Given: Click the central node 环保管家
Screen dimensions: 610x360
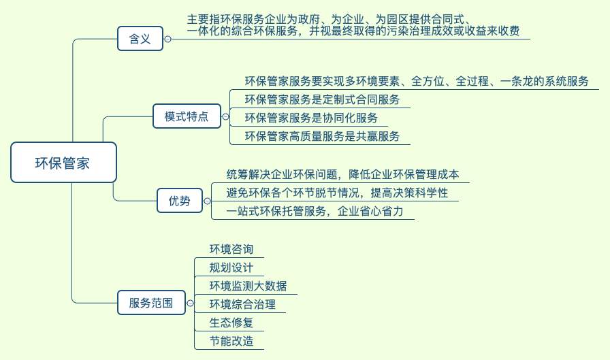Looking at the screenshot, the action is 63,162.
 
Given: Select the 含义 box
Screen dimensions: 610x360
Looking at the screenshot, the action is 140,39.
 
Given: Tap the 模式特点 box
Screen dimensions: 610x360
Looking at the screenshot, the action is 187,116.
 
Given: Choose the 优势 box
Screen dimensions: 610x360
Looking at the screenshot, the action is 180,201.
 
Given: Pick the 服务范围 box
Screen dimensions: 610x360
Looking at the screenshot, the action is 151,302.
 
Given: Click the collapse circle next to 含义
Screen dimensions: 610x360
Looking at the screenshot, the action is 167,39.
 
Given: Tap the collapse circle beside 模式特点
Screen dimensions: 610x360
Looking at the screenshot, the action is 225,116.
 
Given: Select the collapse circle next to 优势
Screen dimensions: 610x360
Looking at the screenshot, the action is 208,201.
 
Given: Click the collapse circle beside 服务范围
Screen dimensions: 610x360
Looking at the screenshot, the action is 190,303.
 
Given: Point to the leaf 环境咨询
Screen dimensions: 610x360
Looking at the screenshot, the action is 231,249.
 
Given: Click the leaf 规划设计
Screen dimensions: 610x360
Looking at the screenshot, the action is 231,267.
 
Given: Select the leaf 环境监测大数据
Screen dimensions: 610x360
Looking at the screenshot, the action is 248,286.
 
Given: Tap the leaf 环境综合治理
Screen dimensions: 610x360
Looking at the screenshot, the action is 243,304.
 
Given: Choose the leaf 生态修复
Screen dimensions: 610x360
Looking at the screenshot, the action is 231,323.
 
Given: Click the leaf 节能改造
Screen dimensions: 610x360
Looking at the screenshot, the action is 231,341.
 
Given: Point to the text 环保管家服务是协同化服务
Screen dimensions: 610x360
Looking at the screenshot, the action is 311,118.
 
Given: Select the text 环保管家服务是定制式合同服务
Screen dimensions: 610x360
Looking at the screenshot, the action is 323,99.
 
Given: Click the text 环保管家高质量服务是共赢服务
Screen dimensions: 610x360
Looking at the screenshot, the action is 323,136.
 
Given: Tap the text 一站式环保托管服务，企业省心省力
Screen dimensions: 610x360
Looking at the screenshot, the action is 315,211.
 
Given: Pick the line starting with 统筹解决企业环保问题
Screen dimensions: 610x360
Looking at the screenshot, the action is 342,174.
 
